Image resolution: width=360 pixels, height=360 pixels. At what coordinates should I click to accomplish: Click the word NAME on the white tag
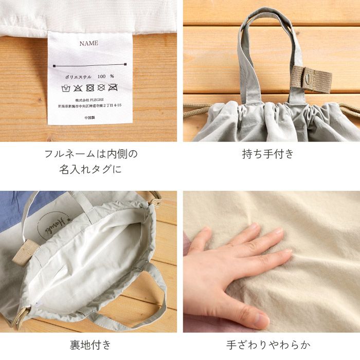88,43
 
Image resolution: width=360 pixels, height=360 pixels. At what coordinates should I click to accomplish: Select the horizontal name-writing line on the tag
88,65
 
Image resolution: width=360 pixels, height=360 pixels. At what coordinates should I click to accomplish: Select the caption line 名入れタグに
91,168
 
